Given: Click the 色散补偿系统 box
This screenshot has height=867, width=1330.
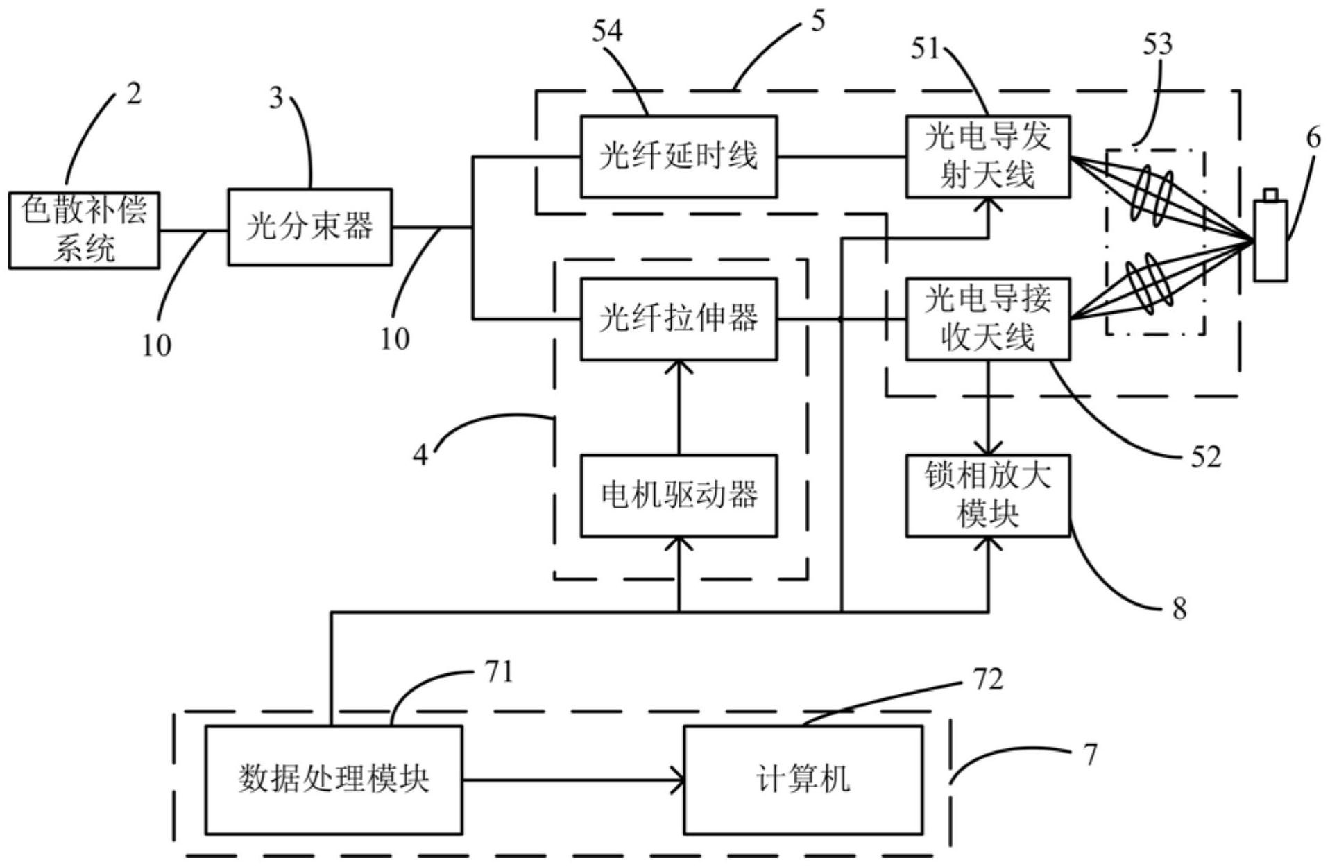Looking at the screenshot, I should click(x=84, y=230).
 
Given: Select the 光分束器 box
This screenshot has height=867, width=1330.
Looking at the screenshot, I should click(x=309, y=227).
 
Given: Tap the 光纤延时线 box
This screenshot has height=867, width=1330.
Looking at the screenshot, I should click(x=678, y=157).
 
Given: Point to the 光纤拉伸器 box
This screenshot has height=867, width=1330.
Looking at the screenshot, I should click(x=678, y=319).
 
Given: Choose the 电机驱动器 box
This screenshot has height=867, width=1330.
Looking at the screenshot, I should click(x=678, y=495).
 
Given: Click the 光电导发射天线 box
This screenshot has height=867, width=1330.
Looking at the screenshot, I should click(x=987, y=157).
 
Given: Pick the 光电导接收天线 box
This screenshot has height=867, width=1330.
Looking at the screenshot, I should click(x=987, y=319).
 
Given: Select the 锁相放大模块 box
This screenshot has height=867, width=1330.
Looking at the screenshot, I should click(x=987, y=495).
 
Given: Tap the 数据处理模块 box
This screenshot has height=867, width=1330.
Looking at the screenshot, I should click(x=334, y=780).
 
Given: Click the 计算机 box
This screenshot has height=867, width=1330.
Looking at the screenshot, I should click(x=803, y=780).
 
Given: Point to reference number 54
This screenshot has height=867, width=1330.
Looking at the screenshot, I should click(x=607, y=31).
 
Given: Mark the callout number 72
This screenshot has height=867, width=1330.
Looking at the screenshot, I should click(x=988, y=680).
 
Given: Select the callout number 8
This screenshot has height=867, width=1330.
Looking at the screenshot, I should click(x=1179, y=609).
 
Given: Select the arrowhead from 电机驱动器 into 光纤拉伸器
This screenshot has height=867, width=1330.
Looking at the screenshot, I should click(x=679, y=367).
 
